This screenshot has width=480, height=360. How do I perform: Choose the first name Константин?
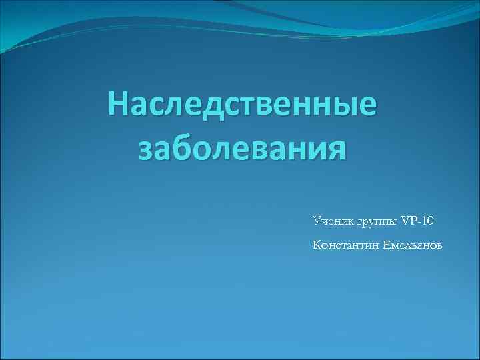pyautogui.click(x=345, y=245)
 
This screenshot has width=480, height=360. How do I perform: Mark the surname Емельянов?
pyautogui.click(x=412, y=245)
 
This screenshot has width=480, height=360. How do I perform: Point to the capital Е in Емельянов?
pyautogui.click(x=386, y=245)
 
